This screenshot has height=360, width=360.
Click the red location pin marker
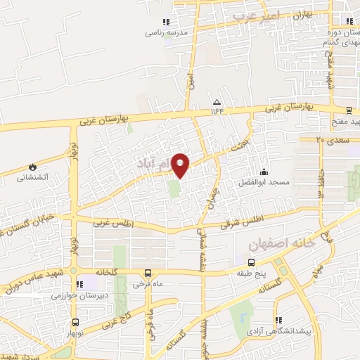tap(181, 165)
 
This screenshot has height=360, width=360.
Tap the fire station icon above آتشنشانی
tap(32, 167)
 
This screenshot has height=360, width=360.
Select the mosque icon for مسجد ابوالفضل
tap(264, 172)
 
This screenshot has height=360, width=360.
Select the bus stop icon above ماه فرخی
tap(147, 273)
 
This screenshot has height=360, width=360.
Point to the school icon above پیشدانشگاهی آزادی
tap(278, 320)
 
